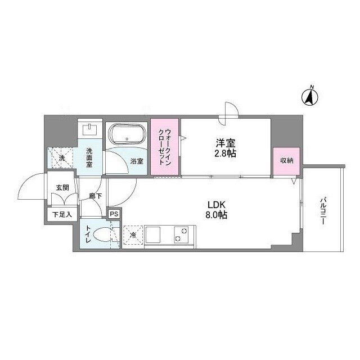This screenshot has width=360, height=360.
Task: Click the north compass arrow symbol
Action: (309, 97)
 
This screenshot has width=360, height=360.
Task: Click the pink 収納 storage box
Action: (286, 161)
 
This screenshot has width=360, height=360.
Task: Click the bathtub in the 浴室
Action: (127, 136)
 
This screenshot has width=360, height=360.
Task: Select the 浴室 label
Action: (137, 161)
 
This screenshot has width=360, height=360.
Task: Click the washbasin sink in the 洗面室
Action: (90, 130)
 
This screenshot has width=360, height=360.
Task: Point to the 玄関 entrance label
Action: (62, 188)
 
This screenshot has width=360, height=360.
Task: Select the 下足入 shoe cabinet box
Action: (62, 214)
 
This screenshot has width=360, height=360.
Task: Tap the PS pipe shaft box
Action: (114, 214)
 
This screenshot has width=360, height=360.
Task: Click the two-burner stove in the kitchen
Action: (182, 234)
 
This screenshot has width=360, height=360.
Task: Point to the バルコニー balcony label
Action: (324, 211)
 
